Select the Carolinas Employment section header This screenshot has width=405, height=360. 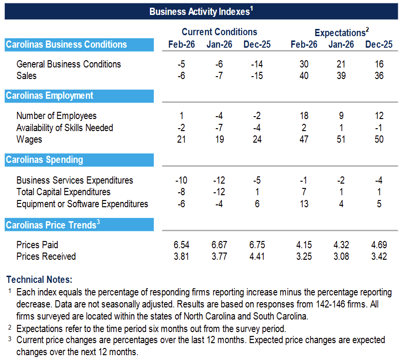point(49,96)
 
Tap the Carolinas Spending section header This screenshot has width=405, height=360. point(44,160)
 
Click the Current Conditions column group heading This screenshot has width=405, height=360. point(219,32)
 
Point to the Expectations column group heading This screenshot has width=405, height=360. point(341,32)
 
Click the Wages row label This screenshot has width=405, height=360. point(29,139)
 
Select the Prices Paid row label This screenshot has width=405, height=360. point(37,244)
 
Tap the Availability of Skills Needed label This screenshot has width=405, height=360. point(65,128)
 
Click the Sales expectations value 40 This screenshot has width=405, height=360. point(304,76)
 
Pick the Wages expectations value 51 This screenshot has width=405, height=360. point(341,139)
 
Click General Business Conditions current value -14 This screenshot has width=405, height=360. point(257,64)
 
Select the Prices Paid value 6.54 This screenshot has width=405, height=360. point(181,244)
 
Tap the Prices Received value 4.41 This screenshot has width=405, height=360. point(257,256)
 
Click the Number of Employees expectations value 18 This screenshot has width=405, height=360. point(304,116)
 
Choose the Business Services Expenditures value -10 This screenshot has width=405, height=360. point(181,180)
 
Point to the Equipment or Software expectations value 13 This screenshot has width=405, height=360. point(304,204)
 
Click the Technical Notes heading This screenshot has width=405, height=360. point(39,280)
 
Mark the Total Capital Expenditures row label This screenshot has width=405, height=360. point(63,192)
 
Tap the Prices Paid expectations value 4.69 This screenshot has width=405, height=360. point(379,244)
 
